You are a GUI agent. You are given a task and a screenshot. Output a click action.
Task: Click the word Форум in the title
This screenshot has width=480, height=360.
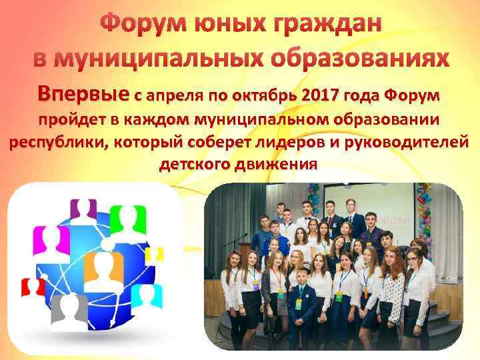pos(142,25)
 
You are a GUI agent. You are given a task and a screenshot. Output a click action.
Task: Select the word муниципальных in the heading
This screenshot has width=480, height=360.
pos(139,58)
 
